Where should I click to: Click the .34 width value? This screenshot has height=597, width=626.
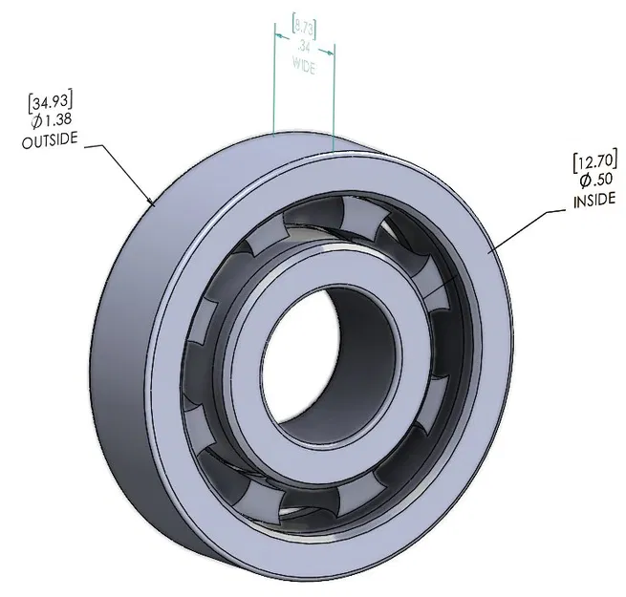click(x=304, y=45)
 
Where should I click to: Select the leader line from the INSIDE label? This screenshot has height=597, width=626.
click(x=526, y=229)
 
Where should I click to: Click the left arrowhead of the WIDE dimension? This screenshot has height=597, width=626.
click(x=279, y=36)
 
